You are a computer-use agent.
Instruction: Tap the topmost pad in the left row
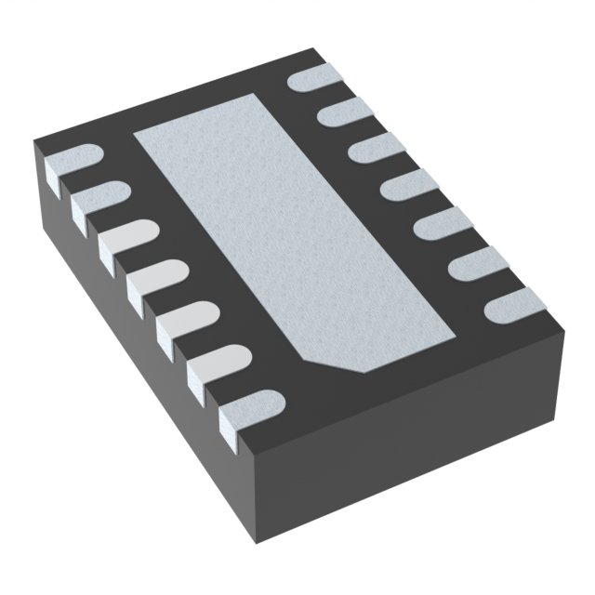click(74, 166)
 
